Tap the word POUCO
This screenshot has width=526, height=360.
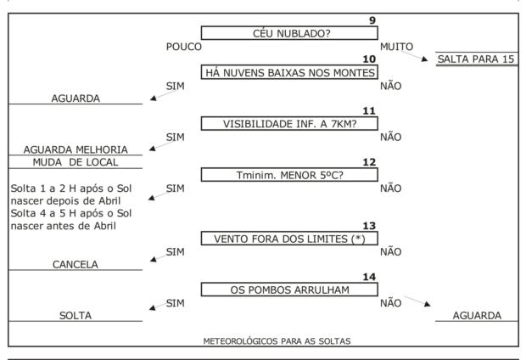(184, 46)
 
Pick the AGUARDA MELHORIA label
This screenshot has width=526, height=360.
(76, 149)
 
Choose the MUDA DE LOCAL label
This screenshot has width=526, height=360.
(76, 162)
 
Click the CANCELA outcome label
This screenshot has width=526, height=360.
(76, 264)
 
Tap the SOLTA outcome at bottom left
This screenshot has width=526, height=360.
(76, 315)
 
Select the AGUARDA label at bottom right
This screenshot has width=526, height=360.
(476, 315)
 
